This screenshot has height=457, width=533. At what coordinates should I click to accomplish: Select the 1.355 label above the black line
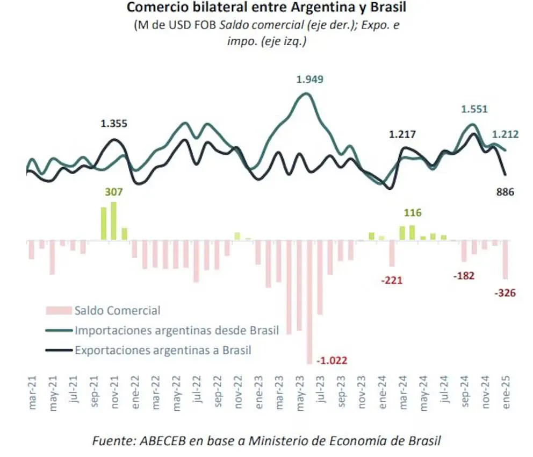click(x=114, y=124)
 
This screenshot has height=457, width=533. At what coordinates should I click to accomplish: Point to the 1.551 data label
click(x=474, y=109)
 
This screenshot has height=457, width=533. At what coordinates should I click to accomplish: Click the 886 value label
click(x=506, y=192)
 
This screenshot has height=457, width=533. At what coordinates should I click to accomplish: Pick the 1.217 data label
click(x=402, y=134)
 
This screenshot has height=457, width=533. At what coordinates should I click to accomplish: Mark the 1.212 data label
click(x=505, y=134)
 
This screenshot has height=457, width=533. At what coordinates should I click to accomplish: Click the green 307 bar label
click(x=114, y=192)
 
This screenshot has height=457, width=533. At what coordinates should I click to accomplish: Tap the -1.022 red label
click(x=332, y=360)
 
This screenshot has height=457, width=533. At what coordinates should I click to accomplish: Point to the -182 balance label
click(x=463, y=276)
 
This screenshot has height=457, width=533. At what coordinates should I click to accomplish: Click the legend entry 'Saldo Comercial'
click(x=117, y=310)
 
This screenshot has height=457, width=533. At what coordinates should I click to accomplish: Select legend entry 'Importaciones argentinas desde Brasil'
click(x=176, y=330)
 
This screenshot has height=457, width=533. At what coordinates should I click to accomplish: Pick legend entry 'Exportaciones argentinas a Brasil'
click(x=163, y=351)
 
